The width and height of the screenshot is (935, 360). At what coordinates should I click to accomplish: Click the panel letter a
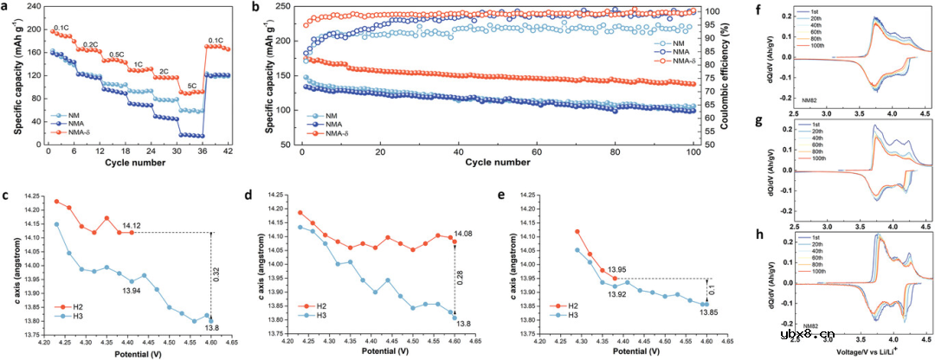pyautogui.click(x=7, y=9)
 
